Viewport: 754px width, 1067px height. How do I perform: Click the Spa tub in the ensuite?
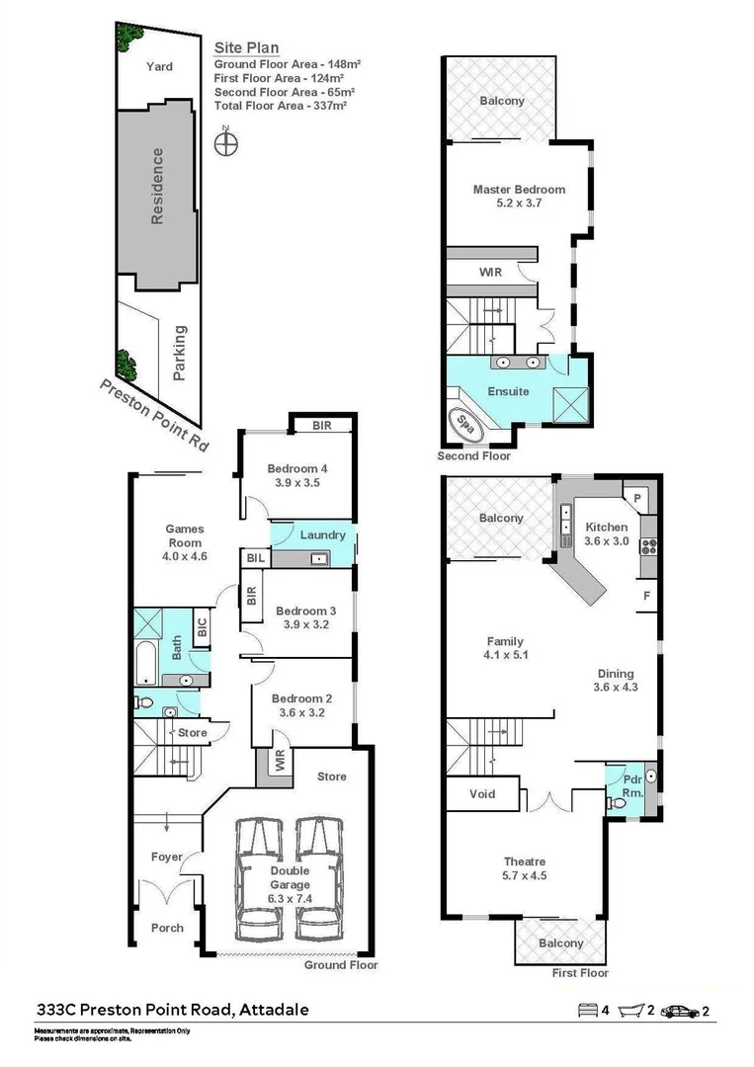click(x=467, y=423)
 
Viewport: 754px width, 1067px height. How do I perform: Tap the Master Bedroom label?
click(x=519, y=190)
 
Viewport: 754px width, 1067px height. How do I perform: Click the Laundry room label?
click(x=322, y=535)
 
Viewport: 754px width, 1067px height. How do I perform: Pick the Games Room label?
click(x=184, y=535)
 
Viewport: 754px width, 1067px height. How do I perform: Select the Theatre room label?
click(x=523, y=862)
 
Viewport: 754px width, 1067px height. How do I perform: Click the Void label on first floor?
click(x=483, y=793)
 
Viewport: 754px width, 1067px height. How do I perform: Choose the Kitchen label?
click(x=606, y=527)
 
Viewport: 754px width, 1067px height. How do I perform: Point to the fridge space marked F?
click(x=646, y=597)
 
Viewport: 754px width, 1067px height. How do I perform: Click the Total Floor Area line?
click(x=280, y=105)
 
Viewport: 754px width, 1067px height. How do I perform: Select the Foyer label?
click(x=166, y=857)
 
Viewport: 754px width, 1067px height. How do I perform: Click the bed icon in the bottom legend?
click(x=586, y=1011)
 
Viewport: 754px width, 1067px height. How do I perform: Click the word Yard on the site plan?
click(x=159, y=66)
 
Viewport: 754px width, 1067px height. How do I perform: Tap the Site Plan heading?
click(x=246, y=46)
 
